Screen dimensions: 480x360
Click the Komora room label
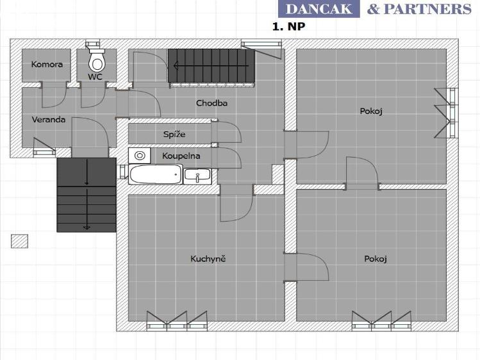pos(47,64)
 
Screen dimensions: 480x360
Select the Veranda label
pos(49,119)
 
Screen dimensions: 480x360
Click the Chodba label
pos(211,102)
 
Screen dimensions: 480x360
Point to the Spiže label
pos(174,135)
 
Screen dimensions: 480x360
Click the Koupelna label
pos(181,156)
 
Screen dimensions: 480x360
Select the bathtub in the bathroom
pos(156,174)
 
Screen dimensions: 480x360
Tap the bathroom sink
pos(197,176)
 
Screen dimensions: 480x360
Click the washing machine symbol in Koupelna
pos(140,156)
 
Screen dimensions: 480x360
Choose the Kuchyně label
pos(208,259)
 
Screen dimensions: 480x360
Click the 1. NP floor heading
pos(288,27)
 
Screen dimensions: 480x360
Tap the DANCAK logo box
pos(319,9)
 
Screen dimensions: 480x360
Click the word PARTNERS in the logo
pos(427,9)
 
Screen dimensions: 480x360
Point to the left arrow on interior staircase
pos(211,65)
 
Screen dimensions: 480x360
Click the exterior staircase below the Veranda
pos(87,195)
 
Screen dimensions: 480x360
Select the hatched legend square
pos(20,241)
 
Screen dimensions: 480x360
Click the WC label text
pos(95,76)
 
